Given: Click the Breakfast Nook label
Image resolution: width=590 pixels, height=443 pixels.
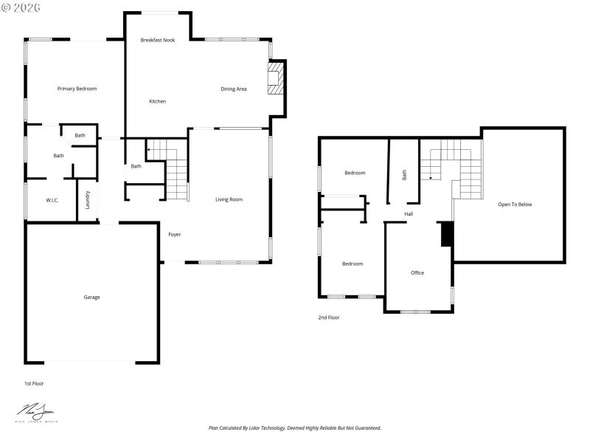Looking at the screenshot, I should (157, 39).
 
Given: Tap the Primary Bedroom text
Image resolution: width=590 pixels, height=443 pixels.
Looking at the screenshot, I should (77, 89).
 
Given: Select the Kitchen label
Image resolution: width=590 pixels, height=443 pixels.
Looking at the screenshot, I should (157, 101).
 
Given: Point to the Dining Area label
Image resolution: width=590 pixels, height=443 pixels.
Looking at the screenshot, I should (234, 89).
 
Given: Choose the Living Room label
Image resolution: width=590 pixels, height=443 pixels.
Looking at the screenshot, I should (229, 199).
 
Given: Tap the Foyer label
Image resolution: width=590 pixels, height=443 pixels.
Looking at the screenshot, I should (175, 235).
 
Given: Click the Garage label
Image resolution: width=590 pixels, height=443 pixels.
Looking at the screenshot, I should (91, 298).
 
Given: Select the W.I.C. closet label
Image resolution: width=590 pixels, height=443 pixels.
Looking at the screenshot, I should (52, 200).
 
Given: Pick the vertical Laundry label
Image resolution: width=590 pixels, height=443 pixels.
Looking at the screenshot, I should (88, 200).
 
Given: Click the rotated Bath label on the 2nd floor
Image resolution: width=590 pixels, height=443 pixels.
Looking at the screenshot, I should (404, 175).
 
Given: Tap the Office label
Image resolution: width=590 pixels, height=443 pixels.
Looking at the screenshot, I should (417, 273).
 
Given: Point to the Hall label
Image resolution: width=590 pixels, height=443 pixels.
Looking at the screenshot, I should (409, 215).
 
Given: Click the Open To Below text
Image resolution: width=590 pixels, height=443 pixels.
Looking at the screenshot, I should (515, 205).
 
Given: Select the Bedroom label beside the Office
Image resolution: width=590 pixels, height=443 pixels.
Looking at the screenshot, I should (352, 264).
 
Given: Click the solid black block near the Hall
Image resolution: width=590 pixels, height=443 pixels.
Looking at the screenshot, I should (445, 234).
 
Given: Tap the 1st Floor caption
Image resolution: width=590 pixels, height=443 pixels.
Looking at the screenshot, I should (34, 383).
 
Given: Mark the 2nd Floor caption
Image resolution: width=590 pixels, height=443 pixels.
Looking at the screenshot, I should (329, 317).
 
